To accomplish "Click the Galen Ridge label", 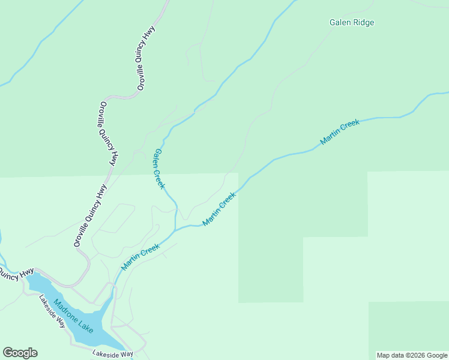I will coord(352,23).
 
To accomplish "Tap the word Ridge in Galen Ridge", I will coord(364,23).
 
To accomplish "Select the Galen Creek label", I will coord(159,169).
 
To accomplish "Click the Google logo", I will coord(20,353).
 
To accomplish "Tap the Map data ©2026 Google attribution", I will coord(412,355).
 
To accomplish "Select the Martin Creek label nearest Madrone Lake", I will coord(140,256).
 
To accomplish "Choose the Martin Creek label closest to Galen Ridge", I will coord(340,132).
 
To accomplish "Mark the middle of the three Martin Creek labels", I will coord(218,209).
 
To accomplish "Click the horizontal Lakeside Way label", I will coord(113,354).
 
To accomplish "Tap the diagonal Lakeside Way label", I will coord(52,311).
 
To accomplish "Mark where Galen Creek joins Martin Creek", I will coord(175,229).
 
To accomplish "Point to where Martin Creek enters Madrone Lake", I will coord(112,295).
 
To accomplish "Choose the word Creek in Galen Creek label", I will coord(161,178).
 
